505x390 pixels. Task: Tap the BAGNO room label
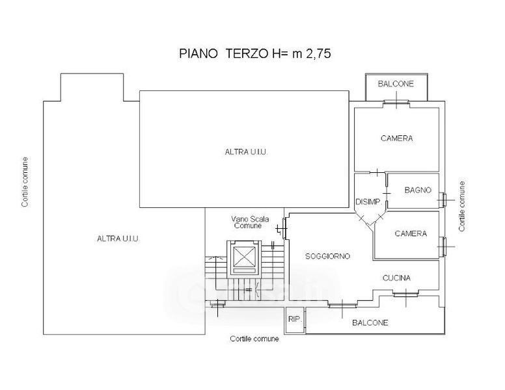coord(418,190)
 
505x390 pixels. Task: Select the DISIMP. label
coord(368,202)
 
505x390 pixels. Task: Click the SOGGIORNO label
coord(327,256)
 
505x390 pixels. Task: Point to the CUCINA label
coord(396,278)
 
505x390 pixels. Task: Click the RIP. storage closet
coord(295,320)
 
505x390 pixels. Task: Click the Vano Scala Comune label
coord(250,222)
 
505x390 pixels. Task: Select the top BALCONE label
coord(396,84)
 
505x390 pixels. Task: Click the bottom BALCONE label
coord(370,323)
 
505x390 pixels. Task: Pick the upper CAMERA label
coord(396,138)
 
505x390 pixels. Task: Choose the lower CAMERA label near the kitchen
coord(411,233)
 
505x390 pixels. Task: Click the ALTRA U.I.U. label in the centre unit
coord(247,152)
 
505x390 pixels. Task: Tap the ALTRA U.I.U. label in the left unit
coord(118,239)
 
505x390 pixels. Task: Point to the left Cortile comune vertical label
coord(25,182)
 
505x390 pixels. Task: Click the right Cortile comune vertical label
coord(462,206)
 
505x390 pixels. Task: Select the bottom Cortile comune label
coord(254,339)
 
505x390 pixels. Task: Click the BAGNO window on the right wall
coord(443,200)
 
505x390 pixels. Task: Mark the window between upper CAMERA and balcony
coord(396,103)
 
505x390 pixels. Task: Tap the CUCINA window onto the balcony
coord(406,293)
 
